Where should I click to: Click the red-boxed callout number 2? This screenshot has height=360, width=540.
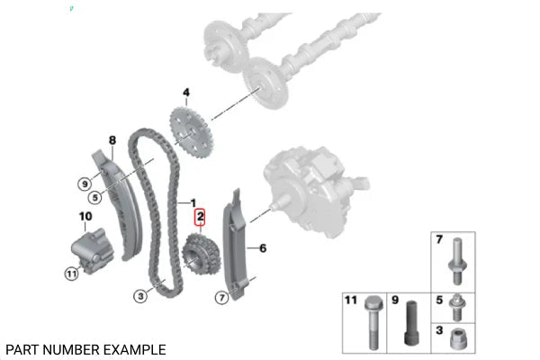point(200,217)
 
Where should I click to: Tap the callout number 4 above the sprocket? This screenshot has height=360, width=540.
point(186,93)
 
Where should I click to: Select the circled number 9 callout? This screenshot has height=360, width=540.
point(85,184)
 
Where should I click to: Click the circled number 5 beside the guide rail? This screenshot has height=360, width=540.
point(95,197)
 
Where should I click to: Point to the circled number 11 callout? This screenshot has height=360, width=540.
point(71,274)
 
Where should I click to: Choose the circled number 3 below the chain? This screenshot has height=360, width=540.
point(140,296)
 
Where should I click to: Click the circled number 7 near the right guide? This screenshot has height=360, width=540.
point(221,297)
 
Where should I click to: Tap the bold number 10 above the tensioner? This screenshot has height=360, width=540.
point(85,216)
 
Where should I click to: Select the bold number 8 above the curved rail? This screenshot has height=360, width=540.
point(112,140)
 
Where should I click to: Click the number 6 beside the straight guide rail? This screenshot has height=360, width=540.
point(263,248)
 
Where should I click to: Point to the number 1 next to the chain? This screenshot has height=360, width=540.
point(193,203)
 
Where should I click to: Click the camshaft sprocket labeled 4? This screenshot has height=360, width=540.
point(192,132)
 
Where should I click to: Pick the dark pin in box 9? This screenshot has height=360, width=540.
point(411,323)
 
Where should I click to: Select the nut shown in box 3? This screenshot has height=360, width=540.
point(458,338)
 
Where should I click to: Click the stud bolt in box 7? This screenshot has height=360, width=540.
point(457,261)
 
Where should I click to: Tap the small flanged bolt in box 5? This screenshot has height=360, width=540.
point(457,307)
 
